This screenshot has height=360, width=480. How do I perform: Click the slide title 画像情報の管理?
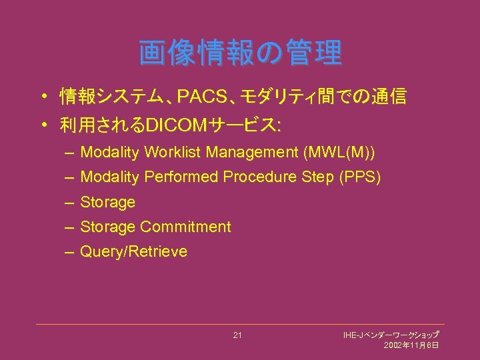click(240, 53)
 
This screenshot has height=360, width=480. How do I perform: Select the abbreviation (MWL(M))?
click(339, 153)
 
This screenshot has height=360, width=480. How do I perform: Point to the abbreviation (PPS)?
click(359, 177)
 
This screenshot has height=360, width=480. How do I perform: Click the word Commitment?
click(185, 227)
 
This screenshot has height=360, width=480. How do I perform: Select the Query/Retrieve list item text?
click(133, 252)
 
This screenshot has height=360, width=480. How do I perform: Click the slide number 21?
click(237, 335)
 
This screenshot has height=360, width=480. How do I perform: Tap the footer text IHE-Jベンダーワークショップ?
click(391, 334)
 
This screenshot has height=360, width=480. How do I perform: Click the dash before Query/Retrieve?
click(70, 252)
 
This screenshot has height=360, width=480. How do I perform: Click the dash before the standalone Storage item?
click(70, 202)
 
